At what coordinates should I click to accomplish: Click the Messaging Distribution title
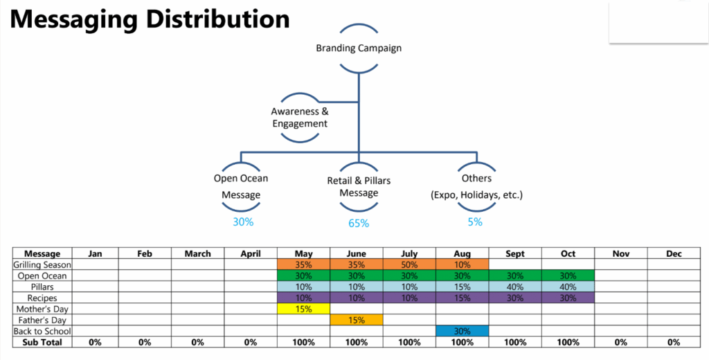click(150, 19)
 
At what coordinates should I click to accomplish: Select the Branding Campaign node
click(358, 48)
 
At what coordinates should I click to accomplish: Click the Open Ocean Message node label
click(241, 186)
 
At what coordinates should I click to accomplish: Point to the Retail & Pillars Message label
click(358, 186)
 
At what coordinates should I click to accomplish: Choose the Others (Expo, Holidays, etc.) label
click(476, 186)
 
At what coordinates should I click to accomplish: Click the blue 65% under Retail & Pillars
click(358, 223)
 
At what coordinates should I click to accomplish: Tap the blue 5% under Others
click(475, 222)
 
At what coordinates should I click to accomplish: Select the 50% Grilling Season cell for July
click(409, 264)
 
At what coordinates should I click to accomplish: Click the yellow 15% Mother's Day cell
click(303, 309)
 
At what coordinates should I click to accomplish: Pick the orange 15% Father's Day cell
click(357, 320)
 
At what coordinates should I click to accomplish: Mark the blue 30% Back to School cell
click(463, 331)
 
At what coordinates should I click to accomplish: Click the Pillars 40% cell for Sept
click(515, 287)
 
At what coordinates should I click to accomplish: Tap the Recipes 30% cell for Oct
click(568, 298)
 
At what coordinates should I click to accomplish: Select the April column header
click(251, 254)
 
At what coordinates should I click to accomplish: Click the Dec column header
click(674, 254)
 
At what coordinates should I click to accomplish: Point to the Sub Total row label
click(42, 342)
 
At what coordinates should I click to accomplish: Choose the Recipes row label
click(42, 298)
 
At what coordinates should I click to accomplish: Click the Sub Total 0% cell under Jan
click(95, 342)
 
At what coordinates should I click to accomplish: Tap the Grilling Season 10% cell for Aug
click(463, 264)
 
